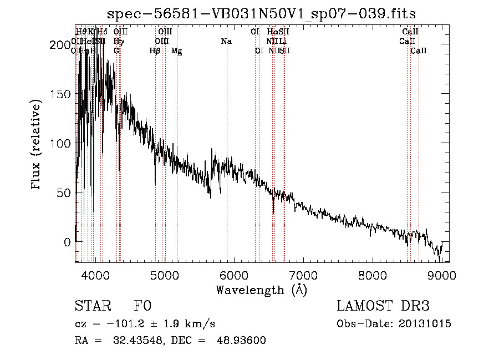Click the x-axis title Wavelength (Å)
pos(261,290)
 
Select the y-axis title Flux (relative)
pos(37,145)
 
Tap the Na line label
pos(226,41)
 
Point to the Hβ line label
pos(155,50)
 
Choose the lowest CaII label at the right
pos(419,50)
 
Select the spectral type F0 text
pos(142,306)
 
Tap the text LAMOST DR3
pos(383,306)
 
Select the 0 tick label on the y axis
pos(67,242)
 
